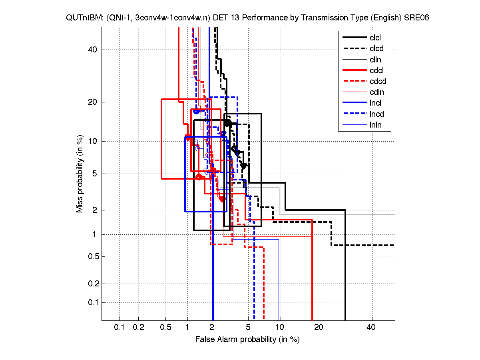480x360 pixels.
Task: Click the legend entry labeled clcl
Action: pos(375,38)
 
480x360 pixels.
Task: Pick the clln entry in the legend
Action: pos(375,60)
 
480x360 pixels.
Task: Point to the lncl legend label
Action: pos(375,103)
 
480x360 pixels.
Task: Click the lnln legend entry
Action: pos(376,125)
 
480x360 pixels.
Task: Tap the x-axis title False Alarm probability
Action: pos(247,340)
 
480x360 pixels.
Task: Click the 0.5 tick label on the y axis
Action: pos(93,256)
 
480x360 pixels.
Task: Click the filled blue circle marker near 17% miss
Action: pos(196,111)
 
